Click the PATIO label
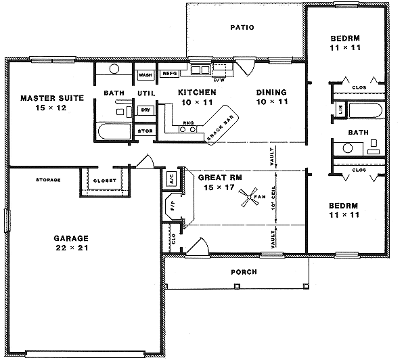(x=241, y=28)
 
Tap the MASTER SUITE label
(x=51, y=98)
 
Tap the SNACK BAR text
(x=221, y=127)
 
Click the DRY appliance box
(x=145, y=110)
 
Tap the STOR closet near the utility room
(x=145, y=131)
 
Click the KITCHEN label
(x=197, y=92)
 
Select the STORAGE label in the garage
(x=49, y=180)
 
